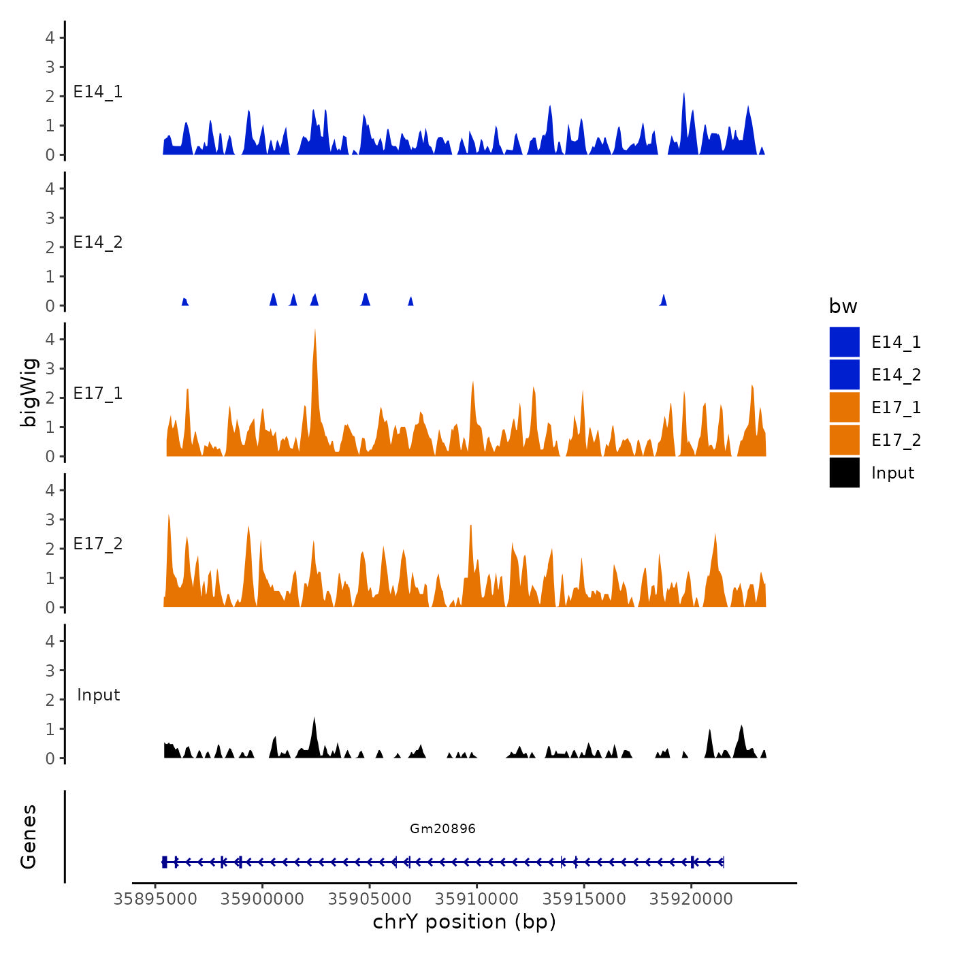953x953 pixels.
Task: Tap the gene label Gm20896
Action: click(442, 828)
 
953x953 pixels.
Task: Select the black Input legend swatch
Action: click(844, 472)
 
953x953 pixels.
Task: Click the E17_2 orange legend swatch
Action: click(844, 440)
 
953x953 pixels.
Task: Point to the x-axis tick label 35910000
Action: click(477, 899)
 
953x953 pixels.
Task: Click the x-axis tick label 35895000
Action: click(155, 899)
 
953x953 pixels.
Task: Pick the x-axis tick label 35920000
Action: click(692, 899)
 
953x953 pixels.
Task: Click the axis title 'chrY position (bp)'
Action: click(464, 922)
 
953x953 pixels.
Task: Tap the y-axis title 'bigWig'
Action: click(29, 392)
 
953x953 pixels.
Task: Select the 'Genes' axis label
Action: click(29, 837)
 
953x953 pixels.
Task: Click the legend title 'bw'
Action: click(843, 306)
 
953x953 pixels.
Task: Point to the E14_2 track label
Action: click(98, 242)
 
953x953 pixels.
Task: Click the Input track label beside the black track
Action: click(98, 695)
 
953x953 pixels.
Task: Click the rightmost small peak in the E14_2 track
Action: click(664, 300)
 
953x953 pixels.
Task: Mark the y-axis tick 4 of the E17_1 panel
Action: click(50, 339)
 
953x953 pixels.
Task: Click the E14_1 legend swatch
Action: click(844, 342)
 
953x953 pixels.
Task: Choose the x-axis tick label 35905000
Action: click(370, 899)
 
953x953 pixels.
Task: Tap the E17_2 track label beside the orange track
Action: click(98, 544)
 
